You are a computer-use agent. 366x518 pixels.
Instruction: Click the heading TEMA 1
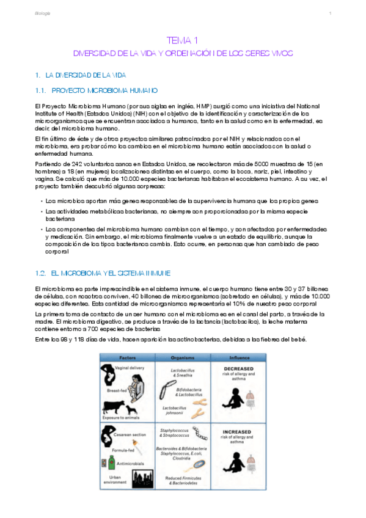[x=183, y=41]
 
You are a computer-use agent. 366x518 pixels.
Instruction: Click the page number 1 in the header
[x=329, y=13]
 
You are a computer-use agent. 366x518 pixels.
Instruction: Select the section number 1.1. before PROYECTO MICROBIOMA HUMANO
[x=42, y=91]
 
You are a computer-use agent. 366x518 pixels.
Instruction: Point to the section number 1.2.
[x=42, y=272]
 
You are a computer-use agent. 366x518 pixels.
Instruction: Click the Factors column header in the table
[x=128, y=357]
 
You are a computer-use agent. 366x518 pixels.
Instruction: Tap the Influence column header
[x=239, y=357]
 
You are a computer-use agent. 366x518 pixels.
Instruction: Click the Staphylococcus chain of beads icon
[x=198, y=432]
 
